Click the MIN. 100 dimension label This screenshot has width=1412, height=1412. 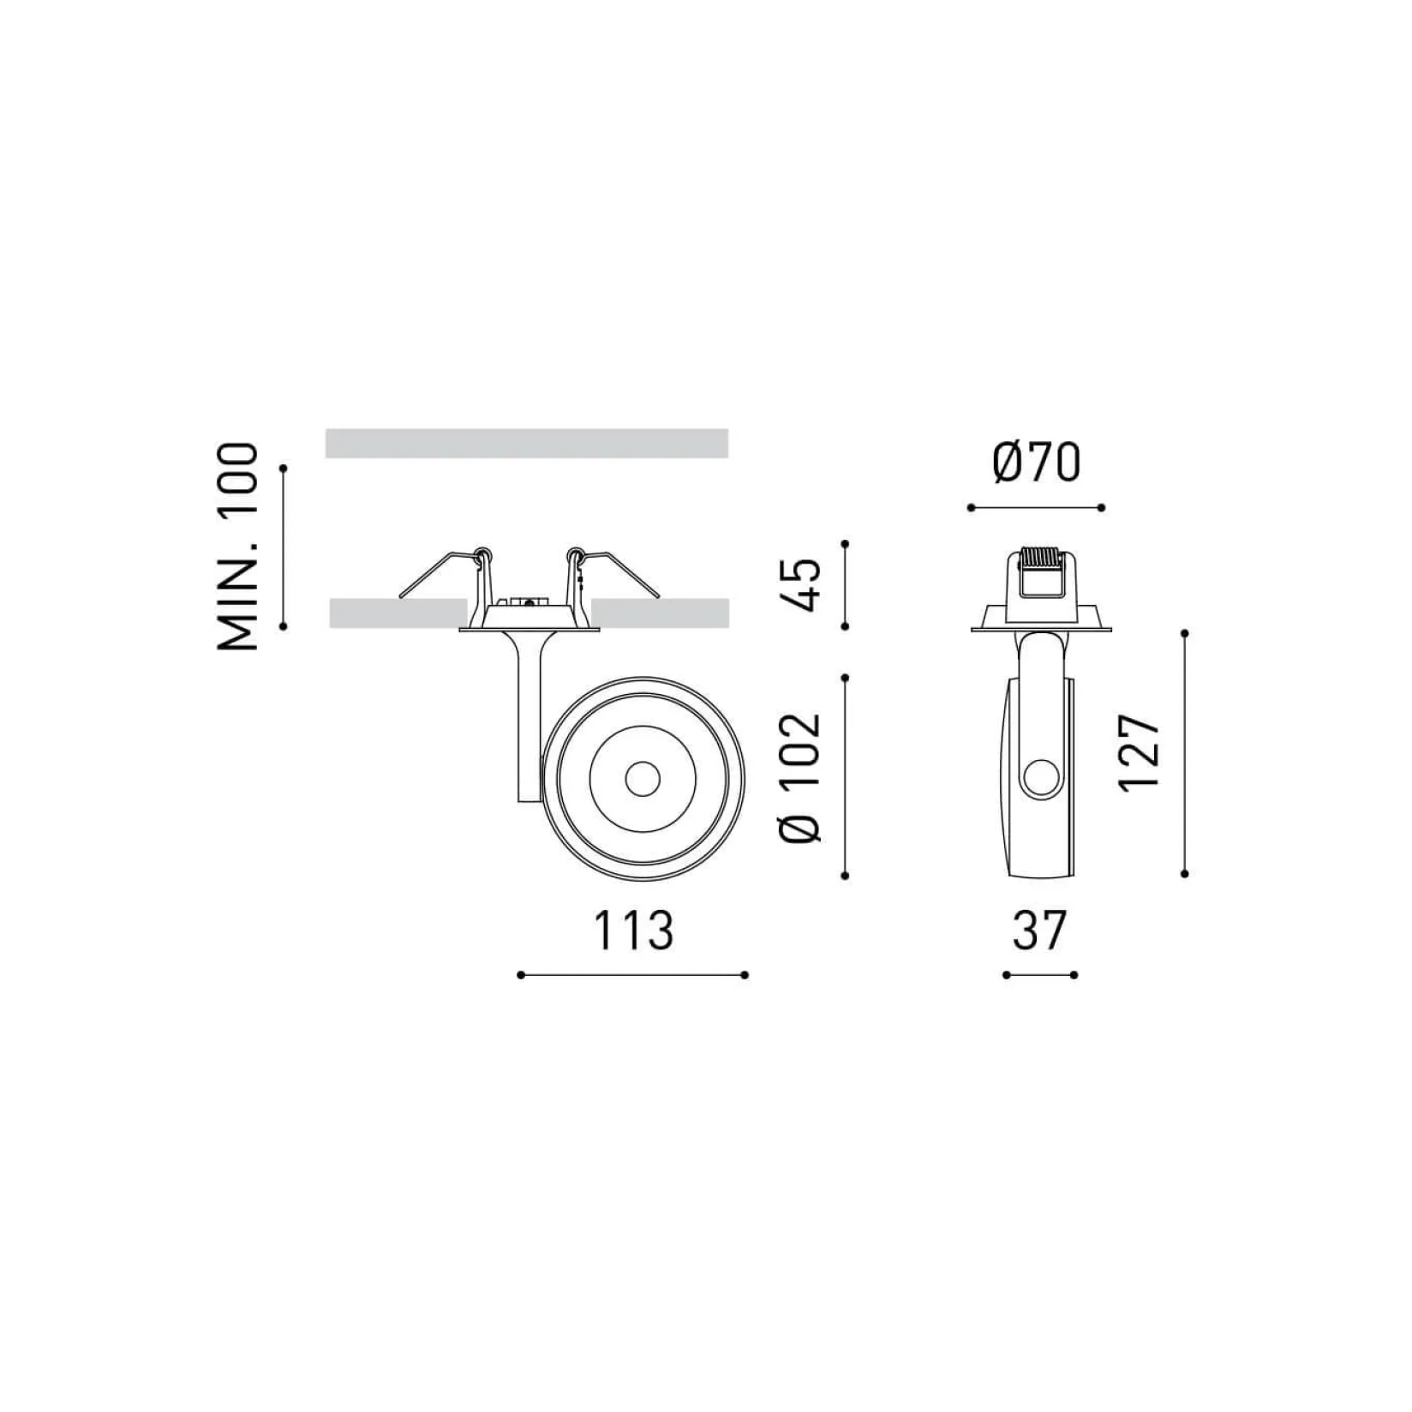point(236,546)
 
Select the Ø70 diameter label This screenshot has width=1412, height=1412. point(1037,464)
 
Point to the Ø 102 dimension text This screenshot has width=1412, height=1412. point(801,776)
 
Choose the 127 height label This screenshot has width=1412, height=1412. point(1140,753)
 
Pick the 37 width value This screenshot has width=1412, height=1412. point(1039,930)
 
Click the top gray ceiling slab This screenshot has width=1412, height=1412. point(527,443)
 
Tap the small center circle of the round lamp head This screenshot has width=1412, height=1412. point(642,779)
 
